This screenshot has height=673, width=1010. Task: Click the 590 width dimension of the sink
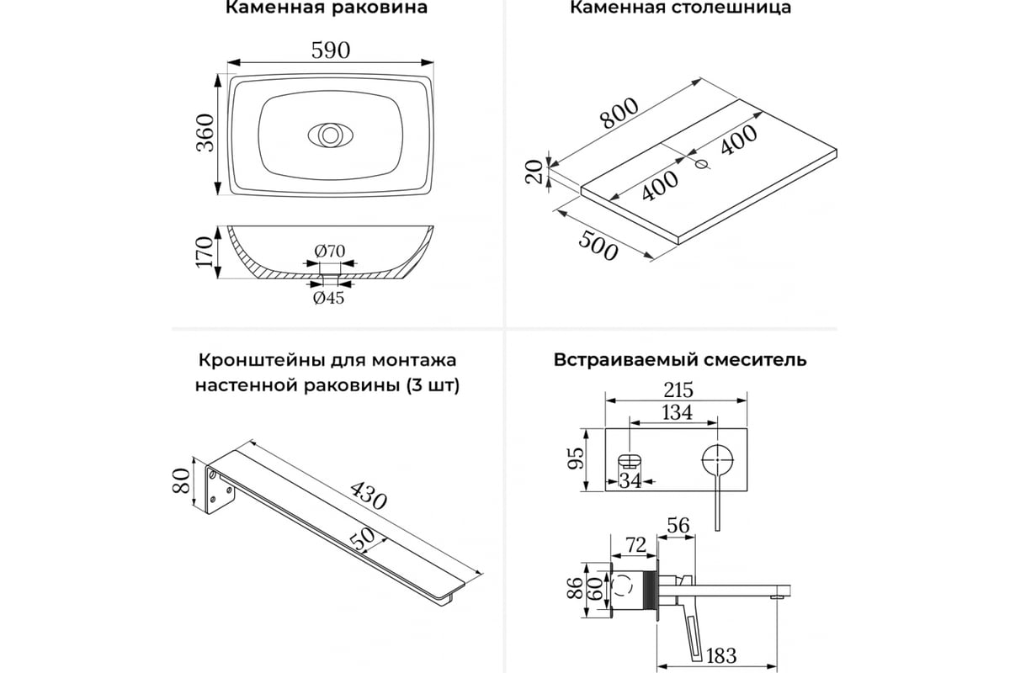click(x=331, y=50)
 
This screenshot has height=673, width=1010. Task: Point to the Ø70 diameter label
click(x=330, y=252)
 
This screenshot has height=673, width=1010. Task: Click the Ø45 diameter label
click(x=329, y=298)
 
